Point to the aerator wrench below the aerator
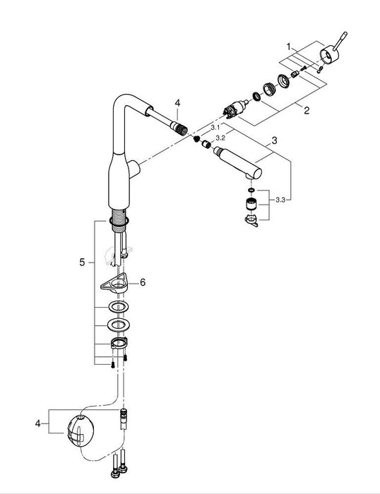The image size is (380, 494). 249,223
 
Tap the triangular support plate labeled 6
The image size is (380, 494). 115,284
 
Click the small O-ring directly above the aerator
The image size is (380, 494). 249,190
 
